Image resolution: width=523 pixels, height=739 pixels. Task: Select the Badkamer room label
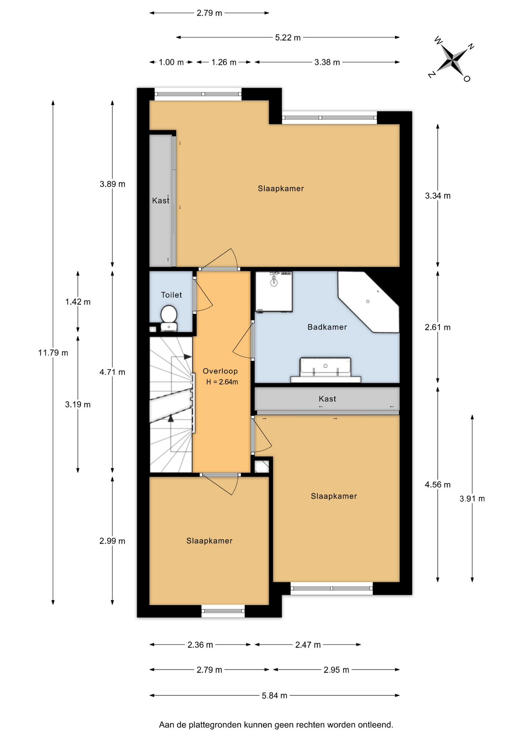point(327,327)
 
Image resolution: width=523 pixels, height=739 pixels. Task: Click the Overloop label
point(220,371)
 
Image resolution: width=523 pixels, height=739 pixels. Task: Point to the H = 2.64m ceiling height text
point(222,382)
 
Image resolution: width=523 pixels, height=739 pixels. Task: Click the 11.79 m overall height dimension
point(53,353)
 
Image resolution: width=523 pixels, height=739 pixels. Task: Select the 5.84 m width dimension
point(275,696)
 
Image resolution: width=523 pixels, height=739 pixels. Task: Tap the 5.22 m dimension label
point(288,38)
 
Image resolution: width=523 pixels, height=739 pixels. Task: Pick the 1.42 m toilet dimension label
point(78,302)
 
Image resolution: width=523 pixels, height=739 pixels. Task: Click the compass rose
point(451,60)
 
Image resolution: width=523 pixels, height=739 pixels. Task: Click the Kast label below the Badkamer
point(327,399)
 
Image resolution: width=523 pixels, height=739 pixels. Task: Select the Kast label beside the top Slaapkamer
point(161,201)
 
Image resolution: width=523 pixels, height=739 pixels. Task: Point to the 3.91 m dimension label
point(472,499)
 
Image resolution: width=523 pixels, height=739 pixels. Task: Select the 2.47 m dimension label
point(308,645)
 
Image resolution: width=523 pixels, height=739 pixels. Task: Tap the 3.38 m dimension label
point(327,62)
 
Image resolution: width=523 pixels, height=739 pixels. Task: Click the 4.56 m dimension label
point(438,485)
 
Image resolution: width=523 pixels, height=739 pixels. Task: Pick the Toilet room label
point(171,295)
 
